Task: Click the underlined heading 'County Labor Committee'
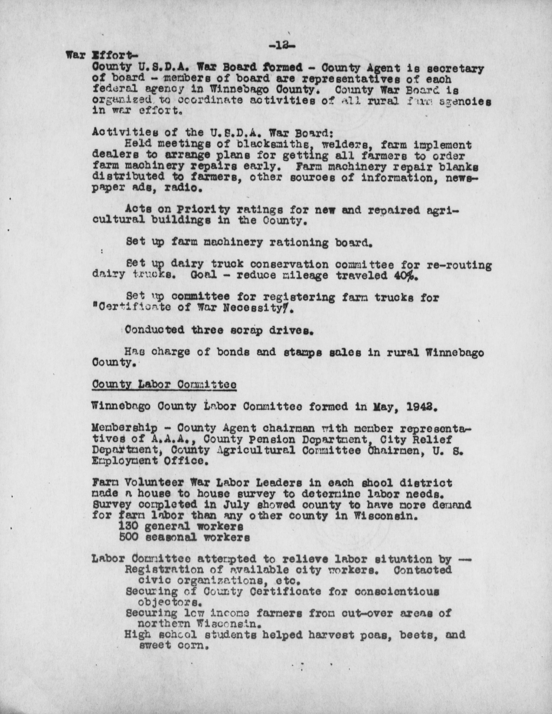[164, 385]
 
